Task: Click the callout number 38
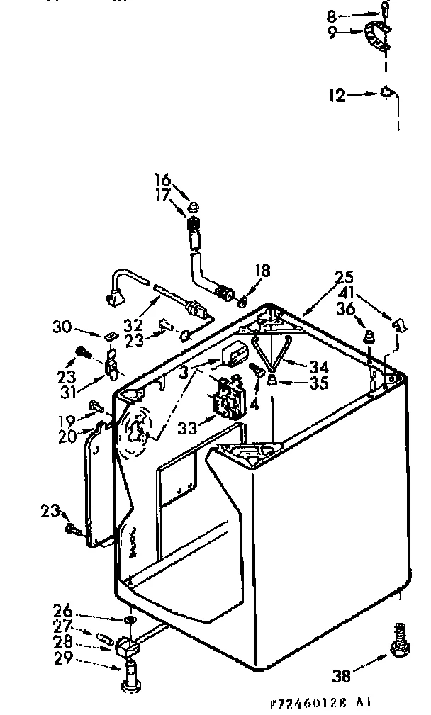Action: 342,676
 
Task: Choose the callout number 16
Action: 163,179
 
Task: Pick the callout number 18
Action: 262,271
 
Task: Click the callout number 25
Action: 345,277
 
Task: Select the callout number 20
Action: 67,437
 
